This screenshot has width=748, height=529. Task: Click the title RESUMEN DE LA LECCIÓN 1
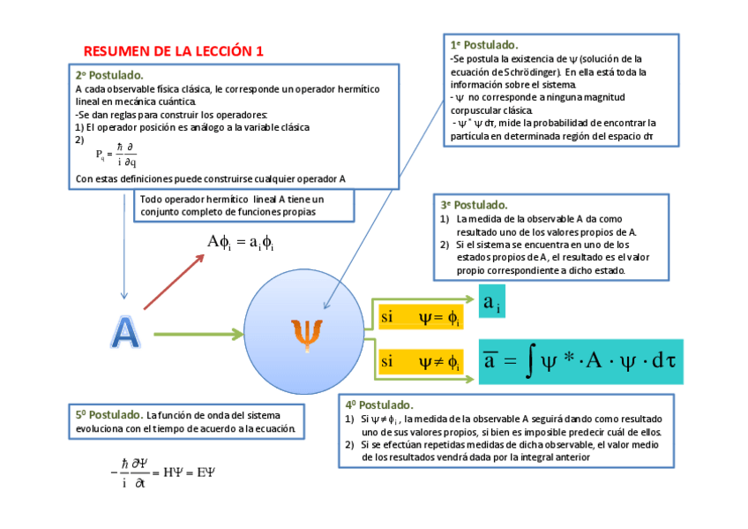(174, 52)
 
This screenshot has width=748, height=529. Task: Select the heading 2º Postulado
(109, 75)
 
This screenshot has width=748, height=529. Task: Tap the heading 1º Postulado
(484, 44)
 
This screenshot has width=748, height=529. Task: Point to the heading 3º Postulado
(474, 205)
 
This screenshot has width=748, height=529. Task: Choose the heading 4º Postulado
(380, 404)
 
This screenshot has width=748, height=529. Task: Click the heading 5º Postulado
(109, 414)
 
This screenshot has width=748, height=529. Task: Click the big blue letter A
(125, 331)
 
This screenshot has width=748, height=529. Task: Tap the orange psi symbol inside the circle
(306, 335)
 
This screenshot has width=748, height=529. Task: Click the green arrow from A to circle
(198, 334)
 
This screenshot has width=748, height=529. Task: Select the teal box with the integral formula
(581, 361)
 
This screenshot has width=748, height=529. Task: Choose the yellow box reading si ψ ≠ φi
(419, 361)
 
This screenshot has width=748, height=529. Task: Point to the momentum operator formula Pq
(116, 155)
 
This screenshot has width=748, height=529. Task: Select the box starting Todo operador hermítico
(245, 206)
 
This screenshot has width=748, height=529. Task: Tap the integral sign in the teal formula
(529, 361)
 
